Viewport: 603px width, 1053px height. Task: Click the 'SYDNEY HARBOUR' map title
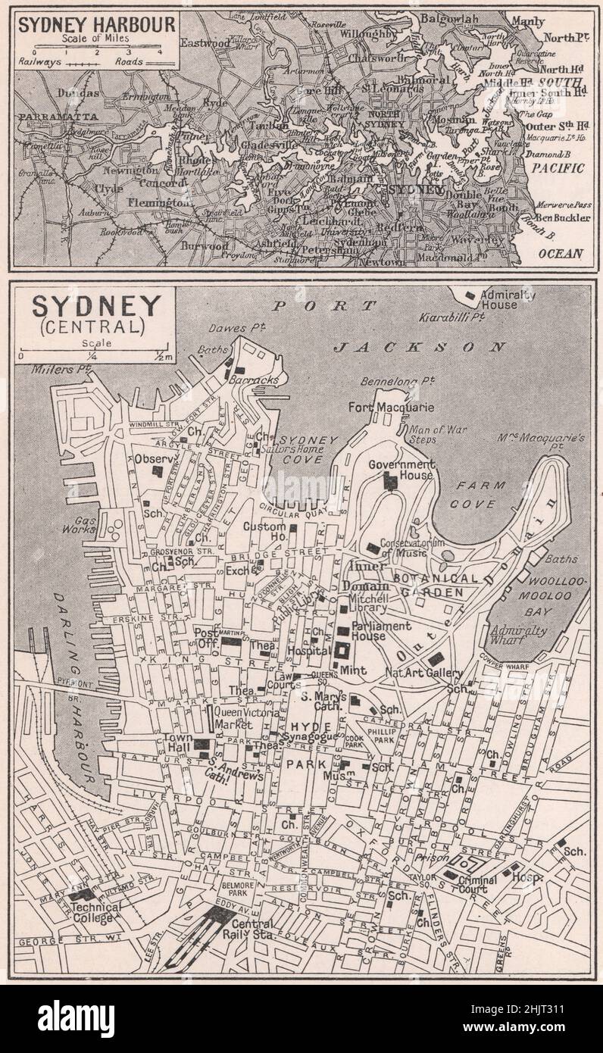(97, 23)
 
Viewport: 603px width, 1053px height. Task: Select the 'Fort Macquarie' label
(391, 408)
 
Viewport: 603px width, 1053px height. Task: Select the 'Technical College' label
(92, 912)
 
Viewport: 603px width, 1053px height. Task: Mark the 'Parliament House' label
(381, 631)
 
